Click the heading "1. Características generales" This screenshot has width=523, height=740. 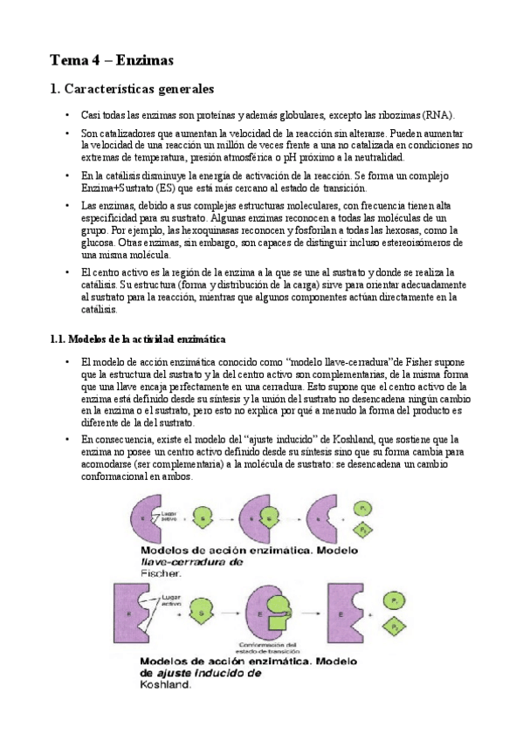pyautogui.click(x=132, y=89)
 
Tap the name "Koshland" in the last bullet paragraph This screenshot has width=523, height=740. pyautogui.click(x=371, y=440)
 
